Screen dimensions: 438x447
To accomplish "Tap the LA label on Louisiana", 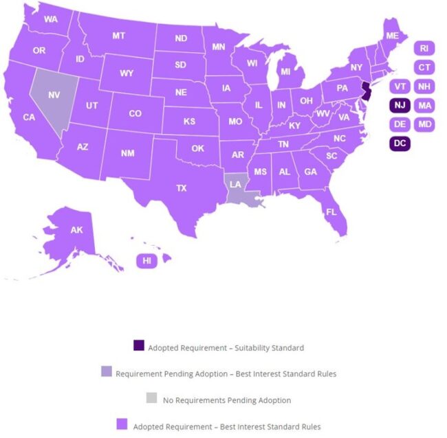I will point(235,184).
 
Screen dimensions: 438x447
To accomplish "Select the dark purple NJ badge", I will point(400,105).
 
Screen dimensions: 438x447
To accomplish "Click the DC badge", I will point(400,143).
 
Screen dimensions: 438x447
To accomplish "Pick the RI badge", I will point(424,48).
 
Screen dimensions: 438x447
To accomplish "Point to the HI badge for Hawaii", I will point(146,260).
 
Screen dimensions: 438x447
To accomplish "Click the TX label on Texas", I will point(182,187).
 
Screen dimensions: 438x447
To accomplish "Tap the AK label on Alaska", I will point(76,230).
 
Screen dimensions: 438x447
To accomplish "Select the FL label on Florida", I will point(331,211).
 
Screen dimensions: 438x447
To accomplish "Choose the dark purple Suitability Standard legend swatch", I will point(139,346).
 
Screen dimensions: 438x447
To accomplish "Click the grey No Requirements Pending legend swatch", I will point(153,398).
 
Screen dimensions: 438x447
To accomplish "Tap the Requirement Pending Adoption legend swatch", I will point(106,372).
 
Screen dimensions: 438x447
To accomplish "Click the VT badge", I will point(400,87).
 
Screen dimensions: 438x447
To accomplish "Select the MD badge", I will point(424,124).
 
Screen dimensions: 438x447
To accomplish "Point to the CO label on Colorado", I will point(135,113).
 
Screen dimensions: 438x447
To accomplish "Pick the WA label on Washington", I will point(50,19).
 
